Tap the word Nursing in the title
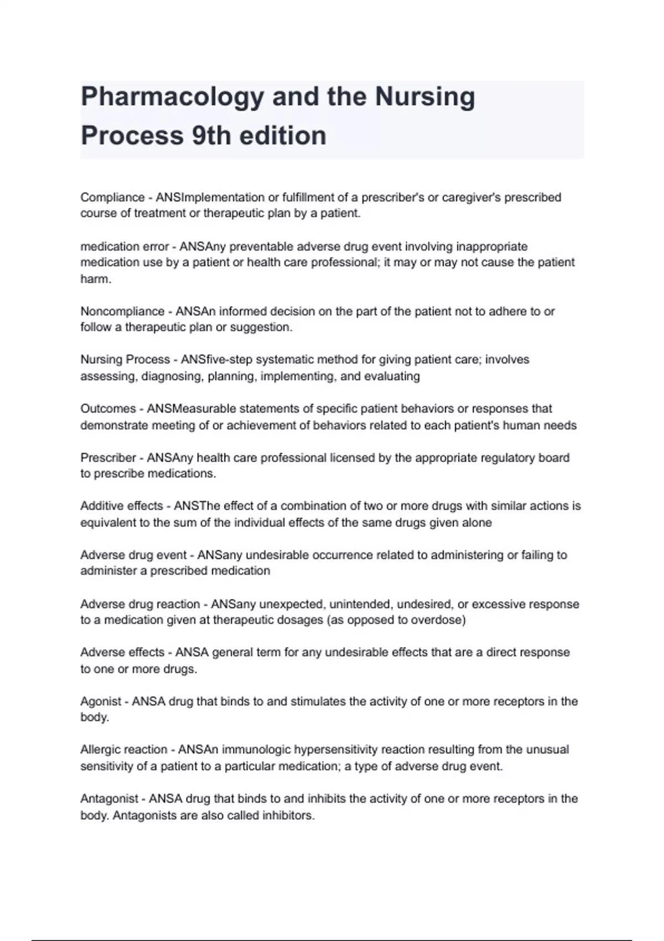(425, 97)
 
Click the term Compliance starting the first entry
(112, 198)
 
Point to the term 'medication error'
(124, 246)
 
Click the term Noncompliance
(122, 311)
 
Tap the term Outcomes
(108, 409)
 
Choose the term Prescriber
(108, 458)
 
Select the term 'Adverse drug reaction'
(139, 604)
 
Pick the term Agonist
(101, 701)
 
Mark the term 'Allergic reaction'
(123, 749)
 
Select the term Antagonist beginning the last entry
(109, 799)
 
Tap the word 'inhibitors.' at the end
(288, 815)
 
